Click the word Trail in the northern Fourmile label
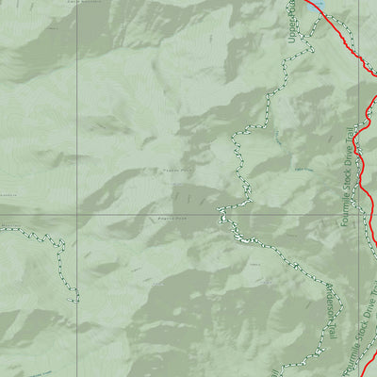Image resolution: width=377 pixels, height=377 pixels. click(x=354, y=138)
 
